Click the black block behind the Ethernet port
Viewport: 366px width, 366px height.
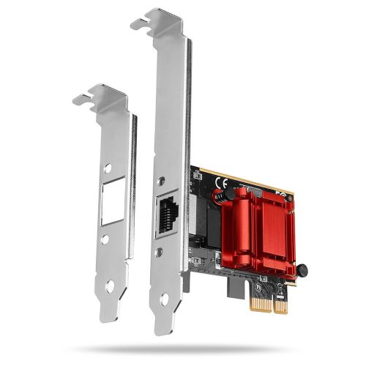(x=201, y=220)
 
